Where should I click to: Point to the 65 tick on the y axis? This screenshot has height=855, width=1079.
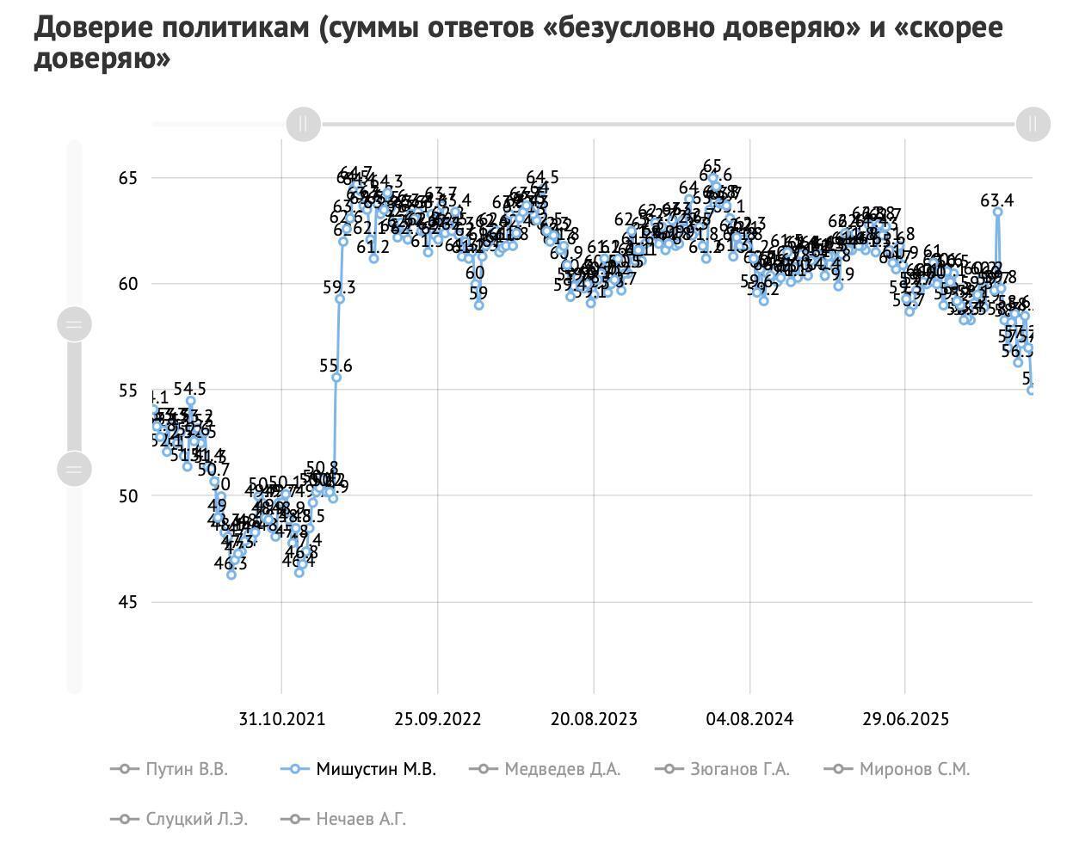pyautogui.click(x=127, y=178)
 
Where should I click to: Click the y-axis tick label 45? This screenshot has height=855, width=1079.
pyautogui.click(x=127, y=602)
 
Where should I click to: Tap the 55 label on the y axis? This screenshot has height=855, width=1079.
pyautogui.click(x=127, y=391)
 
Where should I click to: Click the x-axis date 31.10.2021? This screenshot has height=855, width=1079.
pyautogui.click(x=281, y=719)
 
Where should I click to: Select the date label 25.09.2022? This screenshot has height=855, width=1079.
pyautogui.click(x=437, y=719)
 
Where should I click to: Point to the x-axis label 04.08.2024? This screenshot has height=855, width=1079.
pyautogui.click(x=749, y=719)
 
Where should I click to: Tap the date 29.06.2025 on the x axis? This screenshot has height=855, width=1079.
pyautogui.click(x=905, y=719)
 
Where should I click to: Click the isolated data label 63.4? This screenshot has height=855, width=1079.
pyautogui.click(x=996, y=201)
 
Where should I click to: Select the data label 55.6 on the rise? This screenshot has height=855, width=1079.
pyautogui.click(x=336, y=366)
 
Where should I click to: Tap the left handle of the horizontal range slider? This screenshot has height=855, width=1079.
pyautogui.click(x=303, y=124)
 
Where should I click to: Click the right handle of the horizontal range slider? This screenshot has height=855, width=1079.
pyautogui.click(x=1033, y=124)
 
